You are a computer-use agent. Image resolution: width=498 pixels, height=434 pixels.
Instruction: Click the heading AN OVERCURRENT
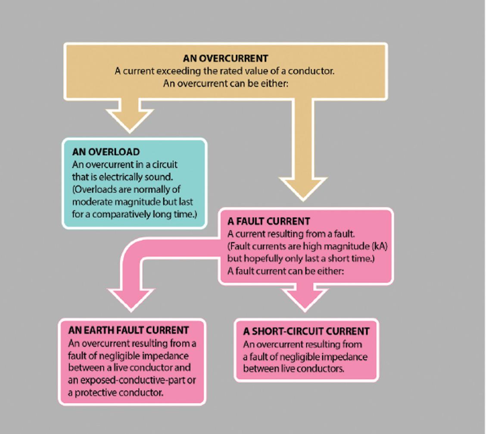(x=225, y=58)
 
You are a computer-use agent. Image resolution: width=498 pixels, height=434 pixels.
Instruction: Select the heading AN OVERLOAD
(x=106, y=152)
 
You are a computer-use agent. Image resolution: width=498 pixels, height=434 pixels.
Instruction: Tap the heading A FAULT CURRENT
(x=268, y=221)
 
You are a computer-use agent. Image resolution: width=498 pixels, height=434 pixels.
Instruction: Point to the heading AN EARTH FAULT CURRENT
(x=128, y=330)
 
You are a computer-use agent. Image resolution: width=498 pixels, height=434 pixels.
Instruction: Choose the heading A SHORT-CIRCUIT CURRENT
(x=306, y=331)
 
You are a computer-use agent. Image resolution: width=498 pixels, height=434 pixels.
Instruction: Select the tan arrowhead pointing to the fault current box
(x=303, y=188)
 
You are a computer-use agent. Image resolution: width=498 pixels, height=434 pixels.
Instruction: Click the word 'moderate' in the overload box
(x=89, y=201)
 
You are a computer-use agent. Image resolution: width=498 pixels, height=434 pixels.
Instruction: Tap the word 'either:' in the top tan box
(x=274, y=83)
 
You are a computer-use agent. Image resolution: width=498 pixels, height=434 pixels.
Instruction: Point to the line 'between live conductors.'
(x=294, y=369)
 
